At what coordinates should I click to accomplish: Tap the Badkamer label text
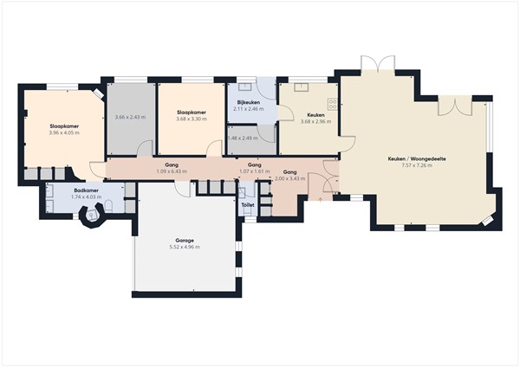tap(87, 190)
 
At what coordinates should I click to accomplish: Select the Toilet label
tap(248, 205)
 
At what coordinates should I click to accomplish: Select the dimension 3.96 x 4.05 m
tap(64, 132)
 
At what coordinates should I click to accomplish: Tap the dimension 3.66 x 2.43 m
tap(130, 117)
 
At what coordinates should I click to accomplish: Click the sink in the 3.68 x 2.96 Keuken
tap(302, 87)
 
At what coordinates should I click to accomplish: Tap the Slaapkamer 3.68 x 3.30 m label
tap(191, 113)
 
